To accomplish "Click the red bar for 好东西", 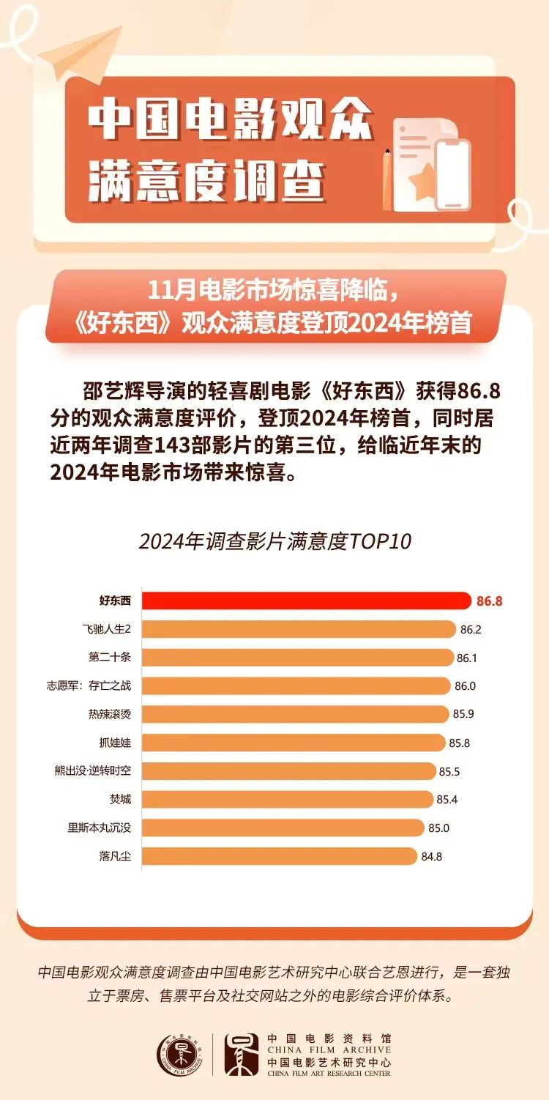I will point(306,601).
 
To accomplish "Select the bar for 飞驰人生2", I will point(299,629).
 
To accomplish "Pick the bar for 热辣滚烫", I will point(295,714).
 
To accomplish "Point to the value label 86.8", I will point(489,601).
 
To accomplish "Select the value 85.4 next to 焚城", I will point(447,799).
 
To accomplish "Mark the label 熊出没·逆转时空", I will point(100,771).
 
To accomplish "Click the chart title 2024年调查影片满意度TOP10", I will point(274,542).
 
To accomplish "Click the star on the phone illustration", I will point(422,180).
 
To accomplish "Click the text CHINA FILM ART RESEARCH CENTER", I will point(329,1074).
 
